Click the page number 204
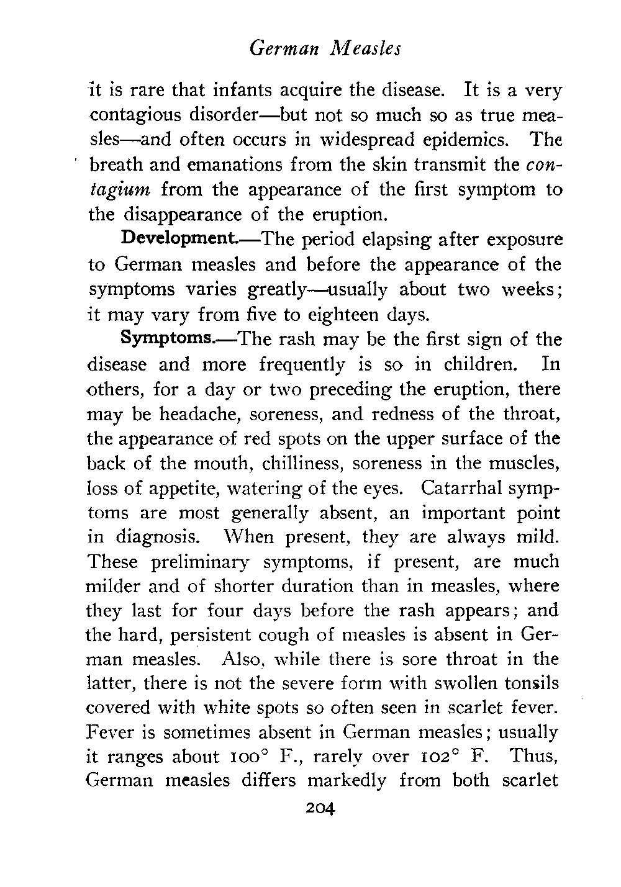[x=317, y=809]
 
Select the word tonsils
[x=528, y=683]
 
